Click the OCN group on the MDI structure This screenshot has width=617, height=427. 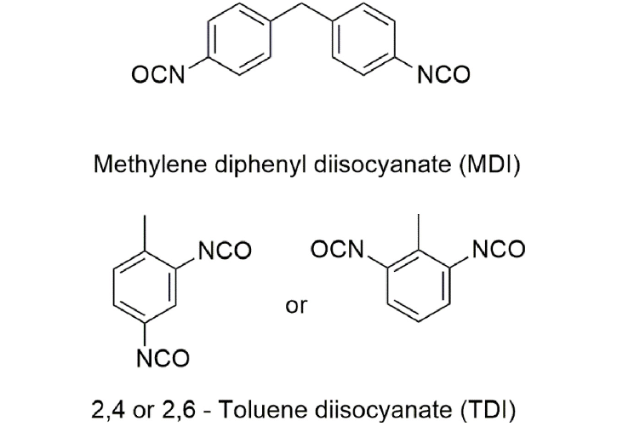pos(158,74)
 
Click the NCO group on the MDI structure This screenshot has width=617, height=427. pos(443,74)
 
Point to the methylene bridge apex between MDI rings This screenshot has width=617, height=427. pos(302,4)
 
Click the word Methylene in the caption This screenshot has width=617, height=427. pos(150,164)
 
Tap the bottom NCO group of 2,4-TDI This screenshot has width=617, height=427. pos(163,358)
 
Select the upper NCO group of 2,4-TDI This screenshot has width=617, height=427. pos(225,251)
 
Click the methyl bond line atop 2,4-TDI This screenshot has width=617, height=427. pos(146,234)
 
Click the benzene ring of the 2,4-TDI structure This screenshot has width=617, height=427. pos(114,288)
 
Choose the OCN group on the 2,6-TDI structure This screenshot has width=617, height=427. pos(337,250)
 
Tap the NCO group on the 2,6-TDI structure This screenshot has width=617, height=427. pos(499,250)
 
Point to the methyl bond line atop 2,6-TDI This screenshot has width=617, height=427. pos(419,233)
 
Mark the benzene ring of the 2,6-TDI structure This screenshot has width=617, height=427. pos(387,286)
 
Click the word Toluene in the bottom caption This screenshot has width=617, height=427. pos(260,410)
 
